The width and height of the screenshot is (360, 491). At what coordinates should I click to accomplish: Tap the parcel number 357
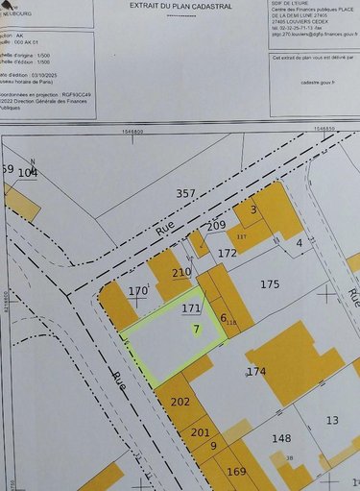point(186,194)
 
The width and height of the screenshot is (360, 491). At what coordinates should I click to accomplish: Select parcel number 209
point(216,225)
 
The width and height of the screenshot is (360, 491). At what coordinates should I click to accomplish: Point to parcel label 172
point(227,254)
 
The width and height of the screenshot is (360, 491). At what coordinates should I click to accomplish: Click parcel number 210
point(181,273)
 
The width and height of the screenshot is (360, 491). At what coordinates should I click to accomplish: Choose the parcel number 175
point(270,284)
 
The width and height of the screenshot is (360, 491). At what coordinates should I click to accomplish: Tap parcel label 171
point(191,308)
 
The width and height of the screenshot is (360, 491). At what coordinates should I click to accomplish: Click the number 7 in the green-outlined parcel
point(196,329)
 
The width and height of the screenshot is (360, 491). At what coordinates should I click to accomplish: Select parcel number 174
point(255,371)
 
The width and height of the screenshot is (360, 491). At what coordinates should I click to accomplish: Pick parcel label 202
point(180,402)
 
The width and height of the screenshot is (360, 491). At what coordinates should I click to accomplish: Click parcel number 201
point(200,431)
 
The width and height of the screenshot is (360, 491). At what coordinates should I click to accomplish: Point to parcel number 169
point(236,471)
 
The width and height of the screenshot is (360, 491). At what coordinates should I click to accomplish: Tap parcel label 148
point(281,439)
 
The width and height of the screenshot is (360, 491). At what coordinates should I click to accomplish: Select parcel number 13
point(332,420)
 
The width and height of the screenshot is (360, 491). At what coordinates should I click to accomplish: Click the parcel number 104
point(28,172)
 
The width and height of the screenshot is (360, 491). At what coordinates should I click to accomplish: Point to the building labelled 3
point(253,209)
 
